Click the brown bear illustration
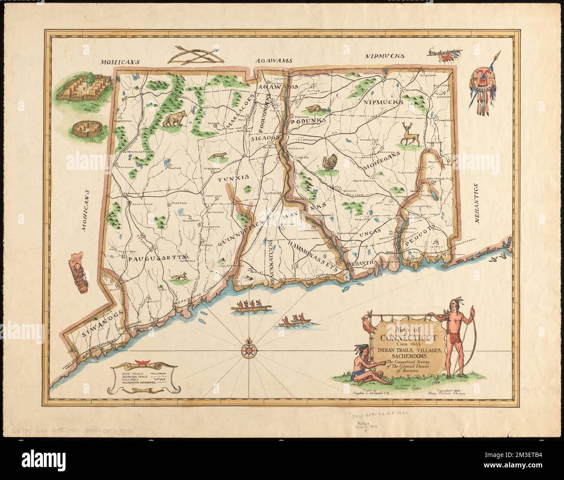coord(174,119)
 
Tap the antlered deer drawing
coord(407,134)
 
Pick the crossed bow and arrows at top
coord(194,56)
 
